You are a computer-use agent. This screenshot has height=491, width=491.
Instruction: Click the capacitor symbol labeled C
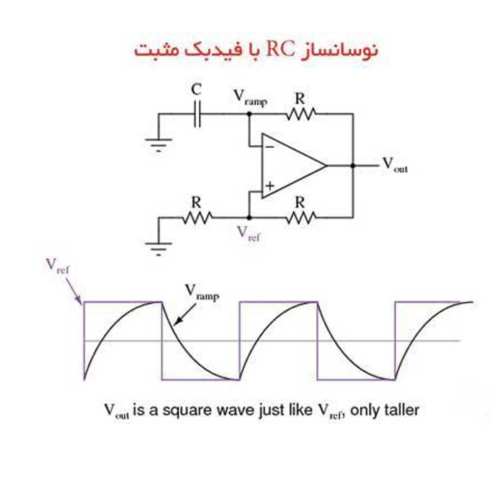[197, 114]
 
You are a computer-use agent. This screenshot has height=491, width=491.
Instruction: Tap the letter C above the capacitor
[196, 89]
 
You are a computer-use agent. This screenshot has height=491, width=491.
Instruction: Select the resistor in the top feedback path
[300, 114]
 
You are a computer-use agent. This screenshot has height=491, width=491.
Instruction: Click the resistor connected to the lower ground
[197, 218]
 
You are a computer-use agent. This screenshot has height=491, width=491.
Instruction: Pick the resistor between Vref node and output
[300, 218]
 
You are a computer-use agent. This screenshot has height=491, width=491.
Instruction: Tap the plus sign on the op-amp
[270, 186]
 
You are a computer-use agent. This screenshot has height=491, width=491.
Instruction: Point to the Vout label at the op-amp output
[395, 164]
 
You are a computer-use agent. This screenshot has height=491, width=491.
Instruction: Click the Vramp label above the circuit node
[250, 98]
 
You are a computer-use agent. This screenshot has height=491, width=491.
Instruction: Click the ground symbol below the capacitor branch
[159, 145]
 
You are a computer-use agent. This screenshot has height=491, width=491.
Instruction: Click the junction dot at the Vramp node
[249, 114]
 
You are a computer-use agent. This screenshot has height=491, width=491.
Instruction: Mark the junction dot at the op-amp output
[353, 165]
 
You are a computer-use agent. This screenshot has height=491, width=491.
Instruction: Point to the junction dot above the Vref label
[249, 218]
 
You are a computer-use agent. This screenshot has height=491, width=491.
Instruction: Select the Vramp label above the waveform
[202, 293]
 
